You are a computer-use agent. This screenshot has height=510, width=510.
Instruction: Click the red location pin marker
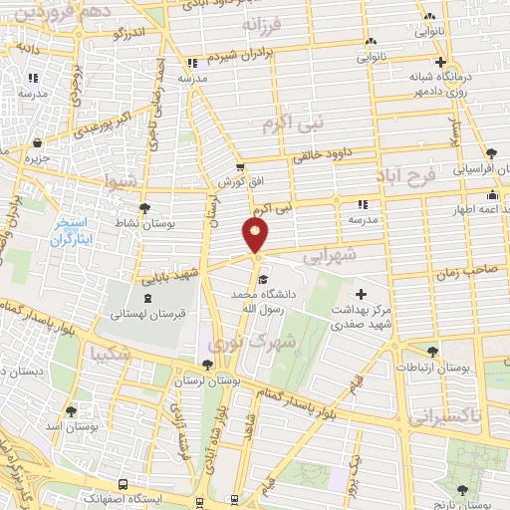pyautogui.click(x=256, y=235)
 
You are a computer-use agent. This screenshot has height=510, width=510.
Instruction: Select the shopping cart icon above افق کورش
pyautogui.click(x=239, y=166)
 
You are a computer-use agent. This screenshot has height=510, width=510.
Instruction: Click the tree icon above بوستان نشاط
pyautogui.click(x=146, y=208)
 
